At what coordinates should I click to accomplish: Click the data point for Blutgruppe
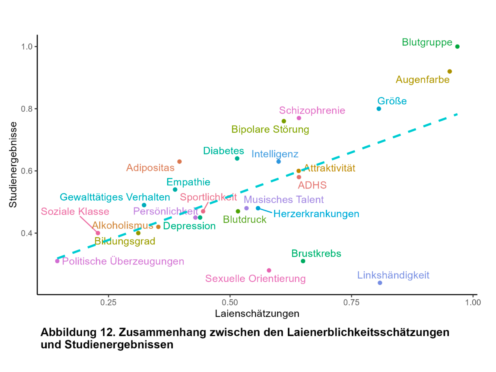point(457,46)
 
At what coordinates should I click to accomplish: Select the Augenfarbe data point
point(450,71)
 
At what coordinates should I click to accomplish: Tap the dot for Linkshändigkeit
point(380,283)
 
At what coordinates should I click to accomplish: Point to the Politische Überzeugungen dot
point(57,261)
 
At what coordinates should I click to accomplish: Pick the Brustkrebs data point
point(303,261)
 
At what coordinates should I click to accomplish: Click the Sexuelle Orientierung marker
point(269,270)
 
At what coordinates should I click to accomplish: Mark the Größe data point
point(379,109)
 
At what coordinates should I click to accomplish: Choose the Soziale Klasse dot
point(98,233)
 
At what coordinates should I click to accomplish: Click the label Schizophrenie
point(312,111)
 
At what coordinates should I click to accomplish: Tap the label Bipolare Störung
point(270,129)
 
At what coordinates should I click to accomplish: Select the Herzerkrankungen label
point(316,214)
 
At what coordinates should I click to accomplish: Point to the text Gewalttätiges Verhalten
point(115,197)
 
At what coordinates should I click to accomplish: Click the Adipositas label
point(150,168)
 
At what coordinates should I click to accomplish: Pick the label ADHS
point(312,185)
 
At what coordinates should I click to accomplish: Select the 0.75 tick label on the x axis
point(351,302)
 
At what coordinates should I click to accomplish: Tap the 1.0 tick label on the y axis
point(27,47)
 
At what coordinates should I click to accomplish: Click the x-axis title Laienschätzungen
point(257,314)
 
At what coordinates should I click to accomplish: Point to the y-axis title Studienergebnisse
point(13,165)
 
